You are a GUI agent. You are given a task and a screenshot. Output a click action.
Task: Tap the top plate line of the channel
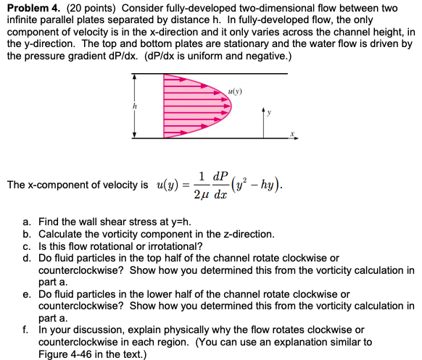pyautogui.click(x=218, y=73)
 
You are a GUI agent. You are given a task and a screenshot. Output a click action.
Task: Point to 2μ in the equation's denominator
pyautogui.click(x=201, y=194)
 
